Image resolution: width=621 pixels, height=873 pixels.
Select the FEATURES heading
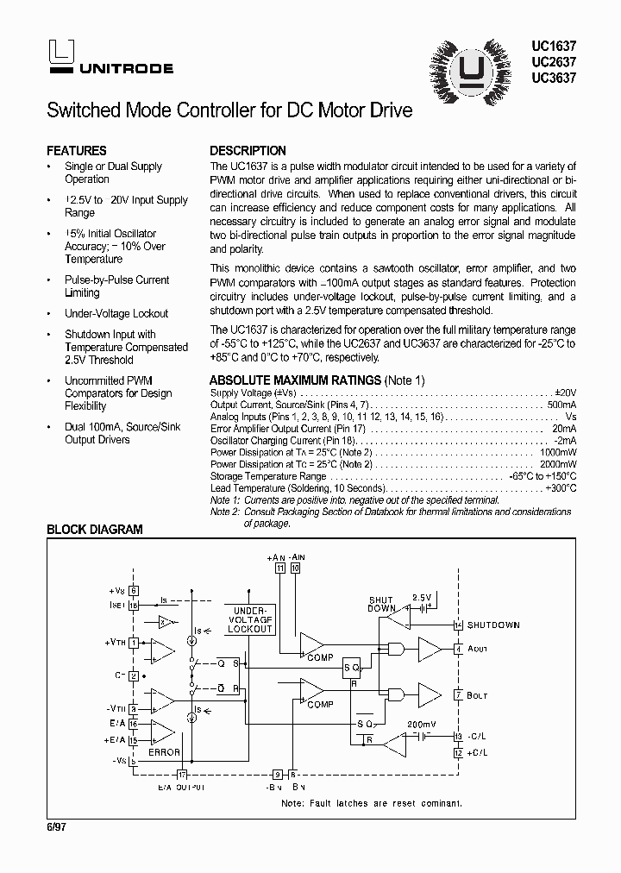[77, 150]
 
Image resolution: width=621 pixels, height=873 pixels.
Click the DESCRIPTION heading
[248, 150]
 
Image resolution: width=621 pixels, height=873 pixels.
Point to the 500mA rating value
[561, 405]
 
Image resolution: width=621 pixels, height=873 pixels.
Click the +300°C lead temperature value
[560, 488]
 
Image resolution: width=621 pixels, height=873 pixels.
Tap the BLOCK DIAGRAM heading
[94, 530]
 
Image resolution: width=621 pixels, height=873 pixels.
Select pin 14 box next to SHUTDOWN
[458, 625]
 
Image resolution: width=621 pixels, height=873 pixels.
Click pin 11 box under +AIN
[280, 568]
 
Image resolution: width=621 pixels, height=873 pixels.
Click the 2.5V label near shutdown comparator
[421, 597]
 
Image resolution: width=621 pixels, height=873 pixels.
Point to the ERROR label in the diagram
[164, 753]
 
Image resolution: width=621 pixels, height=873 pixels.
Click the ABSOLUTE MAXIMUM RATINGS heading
[296, 380]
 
